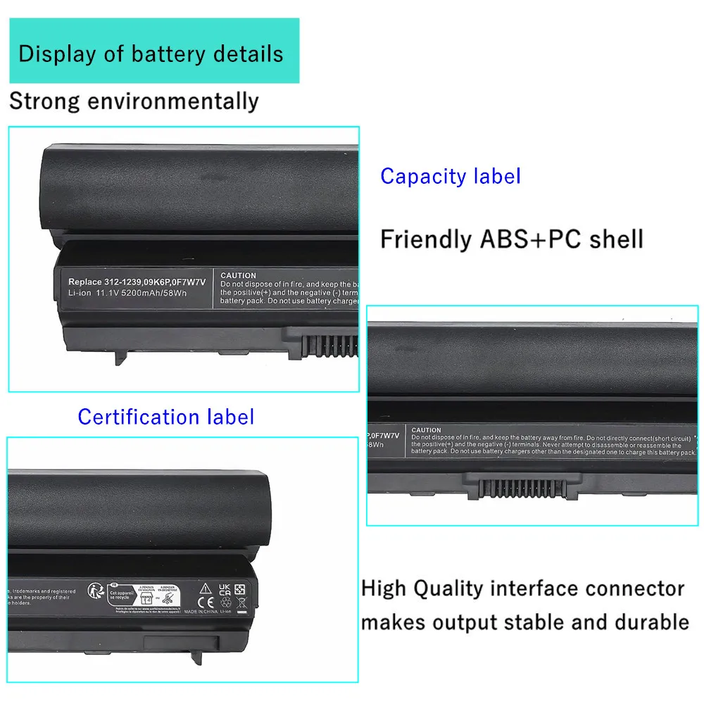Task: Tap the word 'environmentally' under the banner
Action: click(172, 101)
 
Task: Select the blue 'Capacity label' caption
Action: click(451, 176)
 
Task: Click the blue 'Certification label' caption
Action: click(166, 417)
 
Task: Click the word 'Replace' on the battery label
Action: click(85, 282)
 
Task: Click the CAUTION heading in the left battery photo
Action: click(238, 275)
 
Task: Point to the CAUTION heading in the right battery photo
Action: click(426, 429)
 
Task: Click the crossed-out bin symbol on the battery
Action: click(240, 602)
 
